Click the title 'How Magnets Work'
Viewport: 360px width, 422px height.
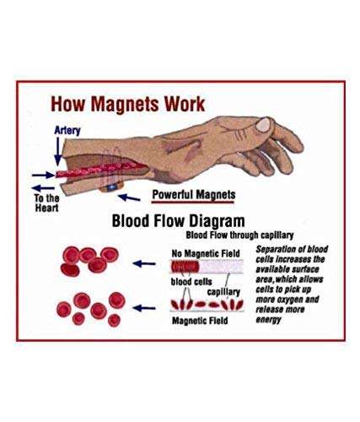coord(128,105)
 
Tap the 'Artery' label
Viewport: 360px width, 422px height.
coord(67,131)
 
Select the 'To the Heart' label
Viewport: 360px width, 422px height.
coord(46,203)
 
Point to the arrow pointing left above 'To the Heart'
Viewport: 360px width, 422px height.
coord(43,188)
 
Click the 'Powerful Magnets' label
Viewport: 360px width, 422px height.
coord(194,195)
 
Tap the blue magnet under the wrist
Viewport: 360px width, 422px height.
coord(112,187)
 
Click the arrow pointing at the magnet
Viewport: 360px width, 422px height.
coord(129,197)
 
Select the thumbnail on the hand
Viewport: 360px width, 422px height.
coord(263,125)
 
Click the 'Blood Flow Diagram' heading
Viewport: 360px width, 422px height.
coord(179,221)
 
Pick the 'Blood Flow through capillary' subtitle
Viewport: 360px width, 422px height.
coord(239,235)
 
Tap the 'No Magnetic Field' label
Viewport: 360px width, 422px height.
coord(206,253)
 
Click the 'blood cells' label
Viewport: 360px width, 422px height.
coord(191,282)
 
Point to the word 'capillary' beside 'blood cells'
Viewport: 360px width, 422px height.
coord(223,292)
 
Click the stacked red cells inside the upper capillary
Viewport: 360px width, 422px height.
coord(185,267)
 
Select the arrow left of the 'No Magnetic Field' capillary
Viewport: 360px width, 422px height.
coord(144,264)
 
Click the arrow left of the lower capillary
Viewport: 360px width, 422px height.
coord(144,308)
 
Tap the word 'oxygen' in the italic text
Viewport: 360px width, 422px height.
coord(291,300)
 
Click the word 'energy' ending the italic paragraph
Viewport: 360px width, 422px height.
coord(268,320)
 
